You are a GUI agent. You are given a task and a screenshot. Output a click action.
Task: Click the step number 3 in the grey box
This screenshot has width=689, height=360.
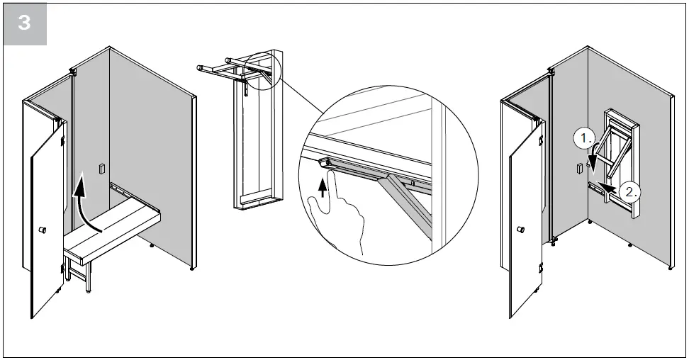click(x=25, y=22)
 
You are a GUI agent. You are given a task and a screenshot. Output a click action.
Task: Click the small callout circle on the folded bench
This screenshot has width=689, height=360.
click(x=269, y=72)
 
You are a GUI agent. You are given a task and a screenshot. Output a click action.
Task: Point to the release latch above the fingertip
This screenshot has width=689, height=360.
click(x=327, y=163)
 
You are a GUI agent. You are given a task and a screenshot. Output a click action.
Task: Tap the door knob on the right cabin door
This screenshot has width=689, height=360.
click(x=521, y=230)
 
